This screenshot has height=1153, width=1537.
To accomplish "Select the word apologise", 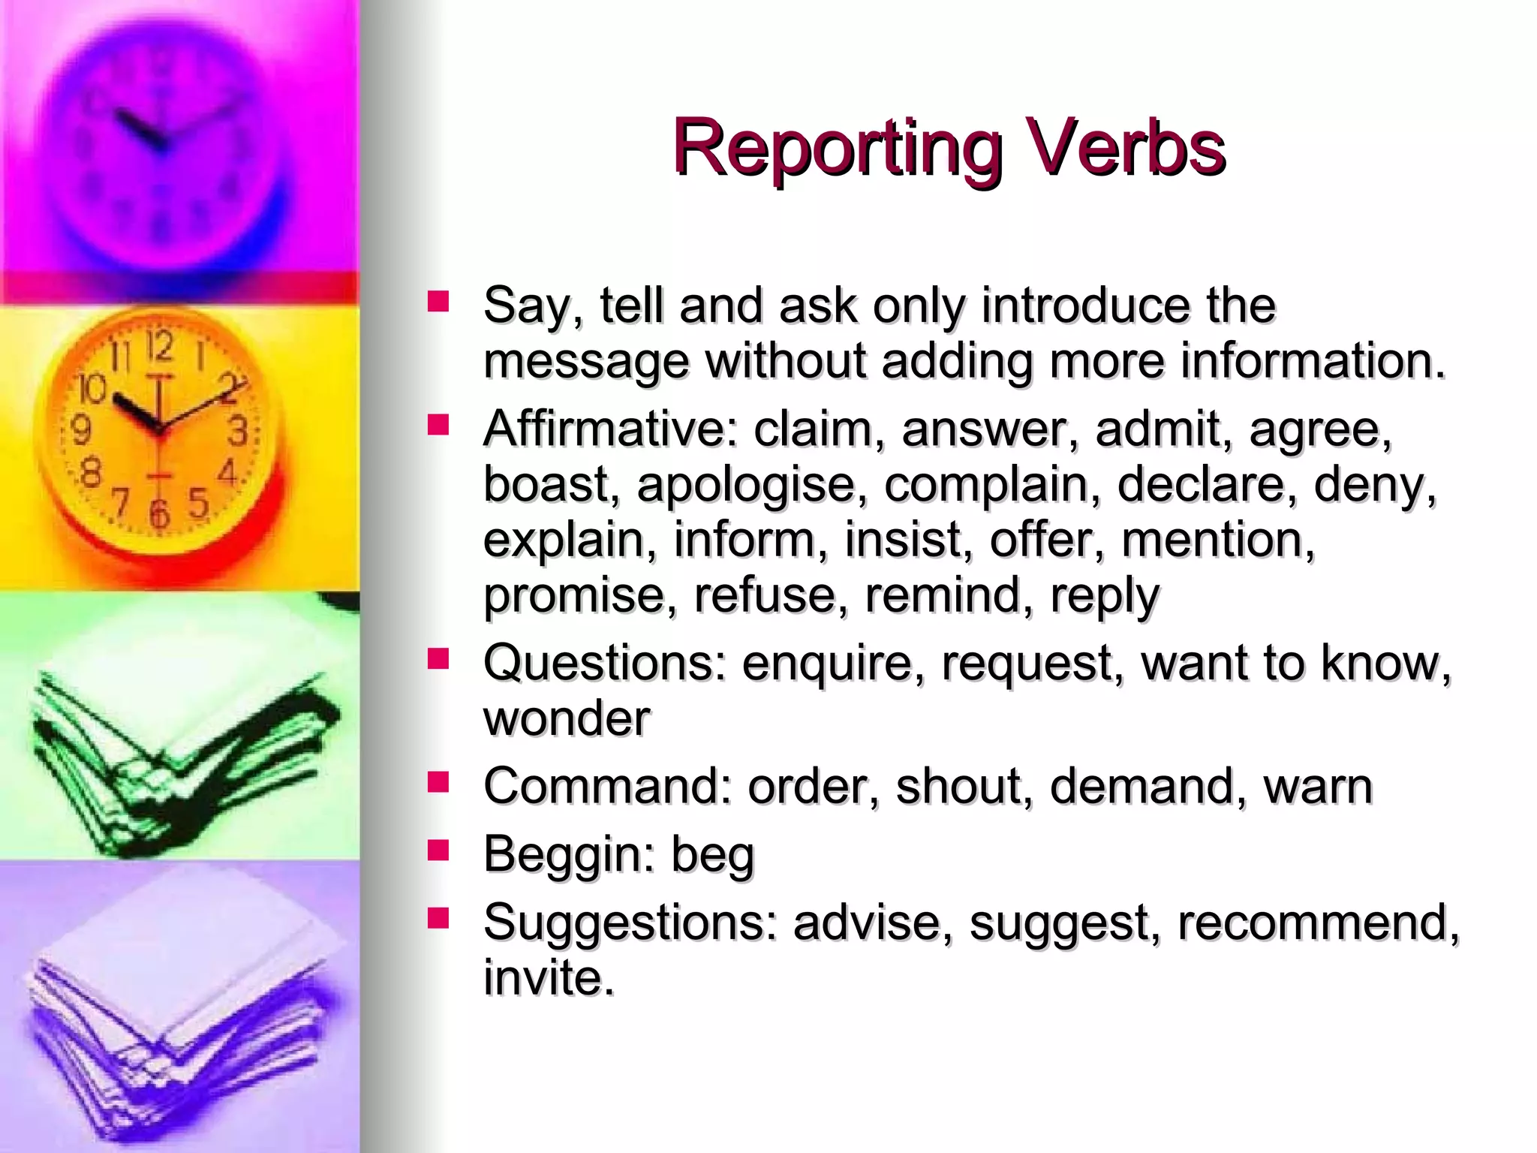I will (x=746, y=486).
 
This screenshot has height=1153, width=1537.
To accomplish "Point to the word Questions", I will (x=604, y=664).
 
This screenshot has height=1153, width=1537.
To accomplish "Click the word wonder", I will (x=567, y=718).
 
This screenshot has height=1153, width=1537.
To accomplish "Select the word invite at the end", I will (x=548, y=978).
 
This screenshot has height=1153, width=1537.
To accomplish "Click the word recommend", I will (x=1317, y=923).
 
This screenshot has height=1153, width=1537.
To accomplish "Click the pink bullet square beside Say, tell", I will (x=438, y=303).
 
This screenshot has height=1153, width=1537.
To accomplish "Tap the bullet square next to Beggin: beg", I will (x=438, y=850).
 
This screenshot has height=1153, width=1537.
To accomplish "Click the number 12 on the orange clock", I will (x=159, y=347).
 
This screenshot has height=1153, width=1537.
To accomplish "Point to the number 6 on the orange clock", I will (x=158, y=513).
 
